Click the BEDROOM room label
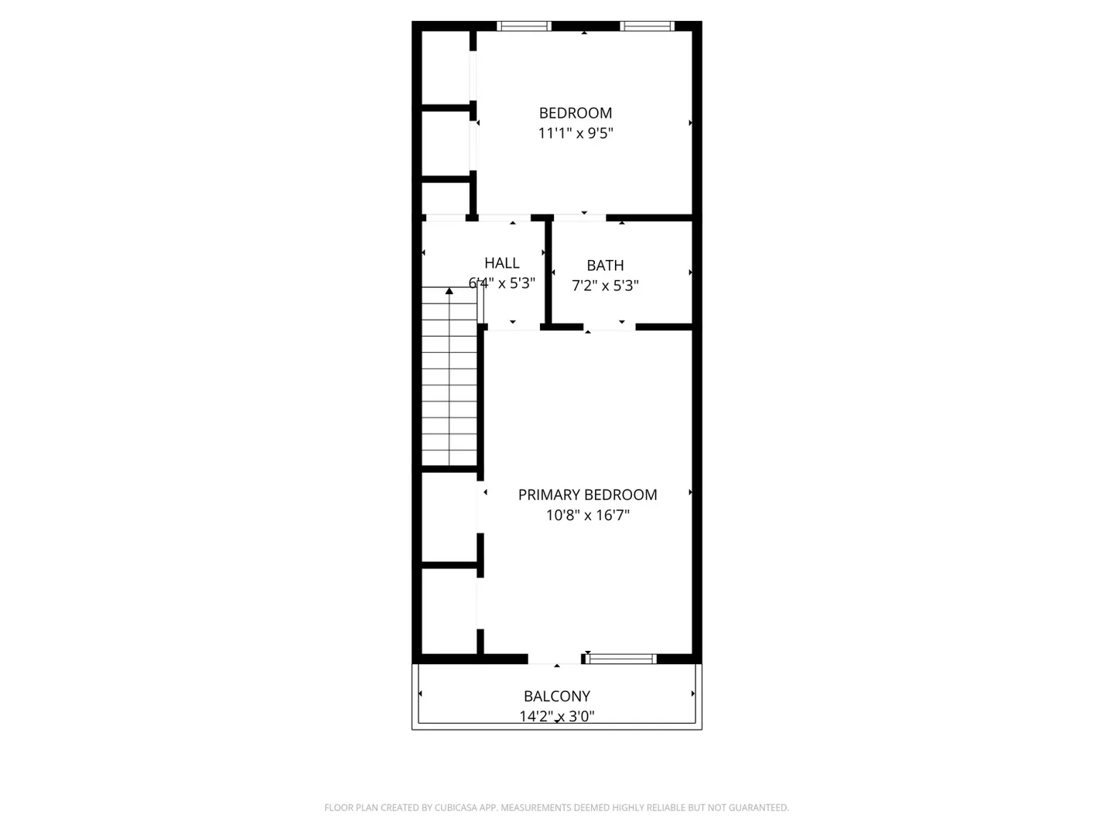[x=575, y=113]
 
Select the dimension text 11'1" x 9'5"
[x=576, y=133]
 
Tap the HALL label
[x=502, y=263]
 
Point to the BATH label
[x=605, y=266]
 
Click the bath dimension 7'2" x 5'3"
[x=605, y=286]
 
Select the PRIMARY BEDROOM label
[x=587, y=495]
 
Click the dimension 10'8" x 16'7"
[x=588, y=516]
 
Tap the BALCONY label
[x=557, y=696]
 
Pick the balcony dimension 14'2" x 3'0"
[x=557, y=716]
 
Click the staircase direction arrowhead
[x=449, y=291]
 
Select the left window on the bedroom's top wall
[x=524, y=26]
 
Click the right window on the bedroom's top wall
[x=647, y=26]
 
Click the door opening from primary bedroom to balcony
[x=555, y=659]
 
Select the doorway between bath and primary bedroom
[x=610, y=327]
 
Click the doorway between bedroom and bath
[x=579, y=218]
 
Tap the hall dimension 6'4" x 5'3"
[x=502, y=283]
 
